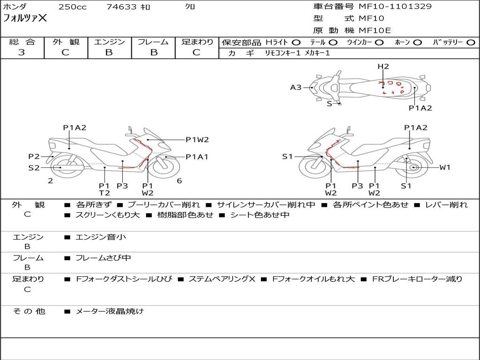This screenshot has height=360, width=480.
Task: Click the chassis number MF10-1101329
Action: [395, 6]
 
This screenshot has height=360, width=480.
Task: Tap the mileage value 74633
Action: [121, 7]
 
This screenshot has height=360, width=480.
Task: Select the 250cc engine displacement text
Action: [73, 7]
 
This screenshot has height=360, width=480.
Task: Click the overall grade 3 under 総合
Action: [22, 52]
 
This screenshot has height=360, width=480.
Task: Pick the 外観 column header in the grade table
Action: [66, 42]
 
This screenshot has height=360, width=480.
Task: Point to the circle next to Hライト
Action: [296, 43]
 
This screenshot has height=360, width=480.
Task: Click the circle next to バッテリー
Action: [471, 43]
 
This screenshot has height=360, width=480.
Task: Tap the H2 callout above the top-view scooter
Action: [383, 67]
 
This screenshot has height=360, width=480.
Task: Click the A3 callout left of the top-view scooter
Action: [296, 88]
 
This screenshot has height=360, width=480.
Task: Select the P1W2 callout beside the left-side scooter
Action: [197, 140]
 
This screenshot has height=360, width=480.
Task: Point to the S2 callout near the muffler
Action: [34, 168]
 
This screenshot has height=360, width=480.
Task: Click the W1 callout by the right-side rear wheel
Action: [445, 167]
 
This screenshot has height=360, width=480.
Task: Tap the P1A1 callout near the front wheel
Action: [197, 157]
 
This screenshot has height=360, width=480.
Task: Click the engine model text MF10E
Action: [375, 30]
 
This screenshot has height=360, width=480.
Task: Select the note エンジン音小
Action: [101, 237]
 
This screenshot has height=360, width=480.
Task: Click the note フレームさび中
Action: [103, 258]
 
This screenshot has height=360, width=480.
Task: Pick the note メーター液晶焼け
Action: [109, 311]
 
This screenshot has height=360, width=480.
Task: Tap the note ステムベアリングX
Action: [222, 279]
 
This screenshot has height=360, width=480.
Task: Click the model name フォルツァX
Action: [25, 18]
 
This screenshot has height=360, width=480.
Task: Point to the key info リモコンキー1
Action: [283, 53]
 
